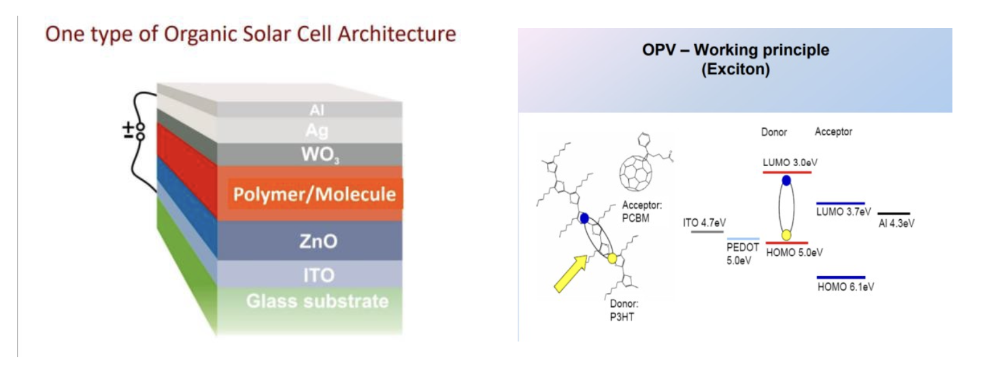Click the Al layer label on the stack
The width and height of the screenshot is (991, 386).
(x=317, y=110)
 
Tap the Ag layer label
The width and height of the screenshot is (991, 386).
(x=317, y=131)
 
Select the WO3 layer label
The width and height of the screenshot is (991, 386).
(x=320, y=154)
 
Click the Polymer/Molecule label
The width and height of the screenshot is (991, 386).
(x=314, y=194)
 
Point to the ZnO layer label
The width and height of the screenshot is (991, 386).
(x=318, y=241)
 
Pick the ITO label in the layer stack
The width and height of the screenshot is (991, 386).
(x=319, y=275)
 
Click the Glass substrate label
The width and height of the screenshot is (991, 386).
(x=318, y=301)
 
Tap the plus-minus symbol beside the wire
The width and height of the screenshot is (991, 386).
(x=128, y=130)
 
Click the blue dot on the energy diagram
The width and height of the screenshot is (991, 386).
(x=786, y=180)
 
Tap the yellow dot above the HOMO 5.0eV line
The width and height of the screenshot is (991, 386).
(x=786, y=235)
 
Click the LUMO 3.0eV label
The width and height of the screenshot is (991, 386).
(x=790, y=162)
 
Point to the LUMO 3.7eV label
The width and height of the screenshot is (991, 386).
(x=844, y=211)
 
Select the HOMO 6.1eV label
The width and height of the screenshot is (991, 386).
(x=846, y=287)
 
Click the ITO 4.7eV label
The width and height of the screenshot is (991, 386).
(x=704, y=222)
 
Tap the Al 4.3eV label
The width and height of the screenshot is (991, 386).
(x=896, y=223)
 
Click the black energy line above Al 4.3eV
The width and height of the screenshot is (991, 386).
(x=894, y=213)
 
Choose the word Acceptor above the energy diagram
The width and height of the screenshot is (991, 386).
(x=833, y=132)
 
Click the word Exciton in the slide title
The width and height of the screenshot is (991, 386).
(x=735, y=69)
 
